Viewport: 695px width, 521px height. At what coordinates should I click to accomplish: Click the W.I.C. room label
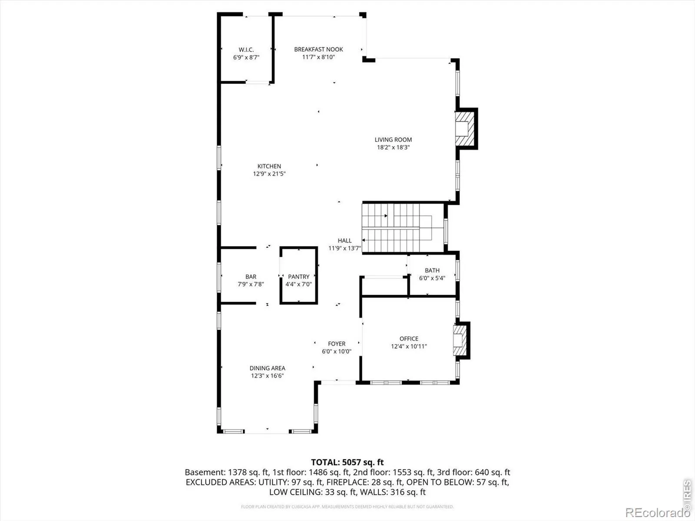(x=246, y=49)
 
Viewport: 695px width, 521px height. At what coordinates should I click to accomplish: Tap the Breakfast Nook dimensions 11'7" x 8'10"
(x=318, y=57)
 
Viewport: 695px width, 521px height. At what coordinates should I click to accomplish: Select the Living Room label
(x=393, y=139)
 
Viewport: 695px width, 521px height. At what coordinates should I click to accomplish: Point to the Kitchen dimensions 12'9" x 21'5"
(x=269, y=174)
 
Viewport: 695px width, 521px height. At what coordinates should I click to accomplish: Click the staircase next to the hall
(x=402, y=228)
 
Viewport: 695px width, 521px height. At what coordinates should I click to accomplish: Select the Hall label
(x=344, y=241)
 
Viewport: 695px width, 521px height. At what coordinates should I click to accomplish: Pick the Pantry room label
(x=298, y=277)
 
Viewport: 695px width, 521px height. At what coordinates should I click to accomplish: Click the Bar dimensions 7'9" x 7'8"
(x=251, y=284)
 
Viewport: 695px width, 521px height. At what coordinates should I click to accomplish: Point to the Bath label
(x=432, y=270)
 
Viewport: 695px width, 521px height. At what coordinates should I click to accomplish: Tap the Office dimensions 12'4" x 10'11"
(x=409, y=346)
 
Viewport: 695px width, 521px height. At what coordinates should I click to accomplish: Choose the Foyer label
(x=337, y=343)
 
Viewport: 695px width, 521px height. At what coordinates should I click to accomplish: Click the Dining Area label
(x=267, y=368)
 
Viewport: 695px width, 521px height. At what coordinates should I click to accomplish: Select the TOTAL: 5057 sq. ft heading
(x=347, y=462)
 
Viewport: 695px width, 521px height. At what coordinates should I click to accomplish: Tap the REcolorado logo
(x=658, y=512)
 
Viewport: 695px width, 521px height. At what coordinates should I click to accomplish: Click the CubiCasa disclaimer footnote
(x=347, y=506)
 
